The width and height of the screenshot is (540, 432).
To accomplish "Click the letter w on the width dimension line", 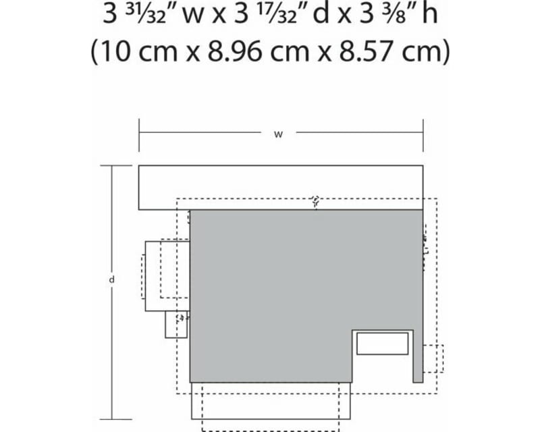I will pos(277,134).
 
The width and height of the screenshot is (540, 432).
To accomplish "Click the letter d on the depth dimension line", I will pos(112,279).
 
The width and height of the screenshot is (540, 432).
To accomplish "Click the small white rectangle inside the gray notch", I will pos(382,344).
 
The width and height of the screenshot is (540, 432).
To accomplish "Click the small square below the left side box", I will pos(175,325).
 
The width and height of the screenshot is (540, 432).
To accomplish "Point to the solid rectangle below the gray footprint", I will pos(271,400).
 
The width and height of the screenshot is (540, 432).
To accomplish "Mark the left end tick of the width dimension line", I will pos(139,134).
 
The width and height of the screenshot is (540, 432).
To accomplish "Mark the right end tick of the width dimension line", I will pos(423,134).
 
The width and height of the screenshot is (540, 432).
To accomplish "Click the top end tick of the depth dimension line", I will pos(112,165).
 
